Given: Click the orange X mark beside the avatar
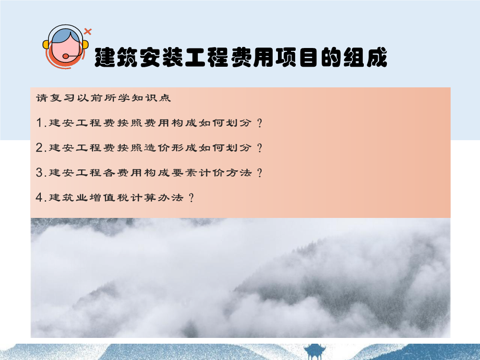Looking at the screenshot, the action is click(88, 31).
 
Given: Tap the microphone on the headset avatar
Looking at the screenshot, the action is click(65, 56).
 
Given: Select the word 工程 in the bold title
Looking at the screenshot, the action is click(206, 57).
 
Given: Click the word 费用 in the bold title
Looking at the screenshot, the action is click(252, 57).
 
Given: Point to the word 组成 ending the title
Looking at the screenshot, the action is click(365, 57).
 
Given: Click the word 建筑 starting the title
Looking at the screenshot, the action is click(116, 57).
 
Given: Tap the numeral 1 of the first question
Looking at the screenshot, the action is click(39, 123).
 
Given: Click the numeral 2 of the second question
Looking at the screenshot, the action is click(39, 148).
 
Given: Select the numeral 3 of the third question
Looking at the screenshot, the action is click(39, 173).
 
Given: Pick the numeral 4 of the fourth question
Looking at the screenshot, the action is click(39, 197).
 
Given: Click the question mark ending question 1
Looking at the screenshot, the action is click(260, 123).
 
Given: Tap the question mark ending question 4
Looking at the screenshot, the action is click(192, 198).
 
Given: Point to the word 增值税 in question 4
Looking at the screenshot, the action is click(109, 197).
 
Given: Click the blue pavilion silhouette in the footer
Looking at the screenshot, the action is click(314, 352).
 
